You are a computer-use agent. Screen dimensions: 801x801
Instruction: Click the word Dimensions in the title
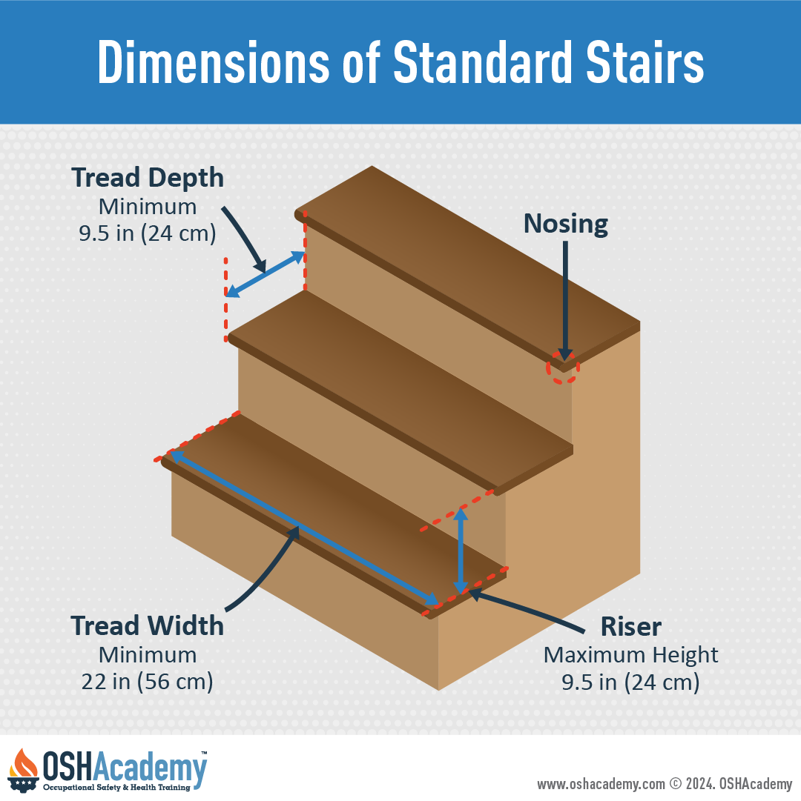tap(214, 62)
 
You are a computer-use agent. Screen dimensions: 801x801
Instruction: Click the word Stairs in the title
tap(645, 62)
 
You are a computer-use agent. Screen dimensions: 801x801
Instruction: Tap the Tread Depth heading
tap(148, 179)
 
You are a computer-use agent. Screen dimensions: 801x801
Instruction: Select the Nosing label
tap(566, 224)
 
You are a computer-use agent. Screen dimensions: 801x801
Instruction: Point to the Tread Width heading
tap(147, 626)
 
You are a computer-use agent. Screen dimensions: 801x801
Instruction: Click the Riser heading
tap(630, 626)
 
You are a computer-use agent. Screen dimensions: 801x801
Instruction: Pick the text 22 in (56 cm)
tap(147, 682)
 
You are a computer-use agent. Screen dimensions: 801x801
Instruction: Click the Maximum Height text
tap(630, 655)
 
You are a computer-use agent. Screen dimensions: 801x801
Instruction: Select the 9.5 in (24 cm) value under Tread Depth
tap(147, 233)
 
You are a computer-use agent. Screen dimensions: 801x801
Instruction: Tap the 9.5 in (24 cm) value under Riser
tap(630, 682)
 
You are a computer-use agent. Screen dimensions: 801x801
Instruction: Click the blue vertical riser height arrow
tap(461, 551)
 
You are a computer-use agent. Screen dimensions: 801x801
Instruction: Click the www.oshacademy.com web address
tap(601, 784)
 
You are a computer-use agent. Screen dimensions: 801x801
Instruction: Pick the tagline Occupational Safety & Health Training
tap(116, 787)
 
